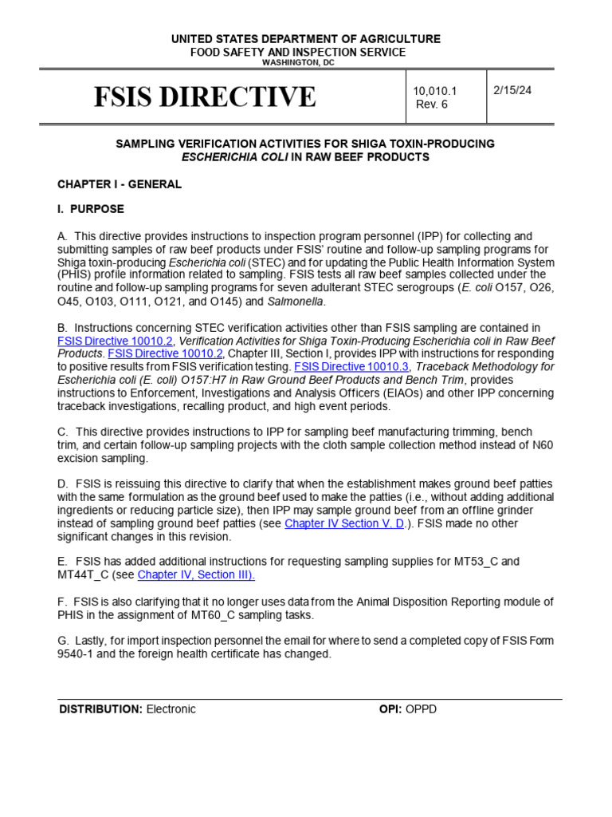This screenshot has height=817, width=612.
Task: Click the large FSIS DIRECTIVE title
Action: (205, 97)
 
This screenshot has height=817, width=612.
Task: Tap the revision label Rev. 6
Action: (433, 105)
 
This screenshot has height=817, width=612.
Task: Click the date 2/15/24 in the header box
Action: (512, 90)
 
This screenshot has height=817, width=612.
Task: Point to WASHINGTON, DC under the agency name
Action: (305, 62)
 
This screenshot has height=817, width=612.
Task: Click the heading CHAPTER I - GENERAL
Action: (120, 184)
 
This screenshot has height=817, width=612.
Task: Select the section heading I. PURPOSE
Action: (91, 209)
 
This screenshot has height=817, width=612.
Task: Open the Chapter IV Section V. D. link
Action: (344, 523)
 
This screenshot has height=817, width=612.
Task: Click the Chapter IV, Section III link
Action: (196, 574)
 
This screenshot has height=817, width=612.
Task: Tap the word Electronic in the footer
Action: (171, 709)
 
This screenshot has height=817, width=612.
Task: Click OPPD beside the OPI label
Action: (422, 709)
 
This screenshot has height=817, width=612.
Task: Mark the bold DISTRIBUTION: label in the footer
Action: (100, 709)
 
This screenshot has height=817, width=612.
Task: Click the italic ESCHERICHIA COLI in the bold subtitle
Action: (234, 157)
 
